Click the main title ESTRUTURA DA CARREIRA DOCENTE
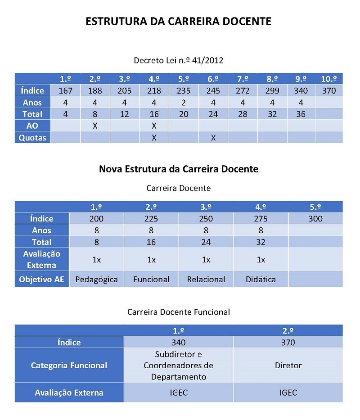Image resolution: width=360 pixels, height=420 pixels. tap(179, 21)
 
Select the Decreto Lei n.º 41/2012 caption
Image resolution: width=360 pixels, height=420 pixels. tap(179, 60)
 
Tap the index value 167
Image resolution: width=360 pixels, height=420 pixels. tap(66, 91)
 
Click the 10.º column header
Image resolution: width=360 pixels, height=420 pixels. tap(329, 79)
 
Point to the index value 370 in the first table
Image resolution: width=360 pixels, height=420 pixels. tap(329, 91)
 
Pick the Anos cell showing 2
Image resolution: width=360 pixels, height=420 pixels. tap(184, 103)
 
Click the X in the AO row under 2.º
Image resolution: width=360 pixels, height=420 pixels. tap(95, 126)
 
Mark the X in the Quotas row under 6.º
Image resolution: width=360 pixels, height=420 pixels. tap(213, 138)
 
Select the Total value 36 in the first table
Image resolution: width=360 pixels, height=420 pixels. tap(301, 114)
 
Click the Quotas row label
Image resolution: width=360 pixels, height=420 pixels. tap(32, 138)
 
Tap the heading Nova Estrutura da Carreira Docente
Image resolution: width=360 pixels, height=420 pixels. tap(179, 169)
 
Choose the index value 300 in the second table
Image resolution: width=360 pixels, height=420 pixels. tap(315, 219)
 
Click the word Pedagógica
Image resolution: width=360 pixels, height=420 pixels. tap(96, 280)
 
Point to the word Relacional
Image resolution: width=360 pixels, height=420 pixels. tap(206, 280)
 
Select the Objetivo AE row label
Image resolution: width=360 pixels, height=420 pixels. tap(42, 280)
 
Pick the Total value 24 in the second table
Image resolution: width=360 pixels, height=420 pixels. tap(206, 242)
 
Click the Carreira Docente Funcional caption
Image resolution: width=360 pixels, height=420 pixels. tap(179, 312)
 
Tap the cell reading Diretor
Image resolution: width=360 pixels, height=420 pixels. tap(288, 366)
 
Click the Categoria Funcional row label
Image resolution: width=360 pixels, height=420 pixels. tap(69, 366)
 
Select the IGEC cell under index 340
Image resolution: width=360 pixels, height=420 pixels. tap(178, 393)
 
